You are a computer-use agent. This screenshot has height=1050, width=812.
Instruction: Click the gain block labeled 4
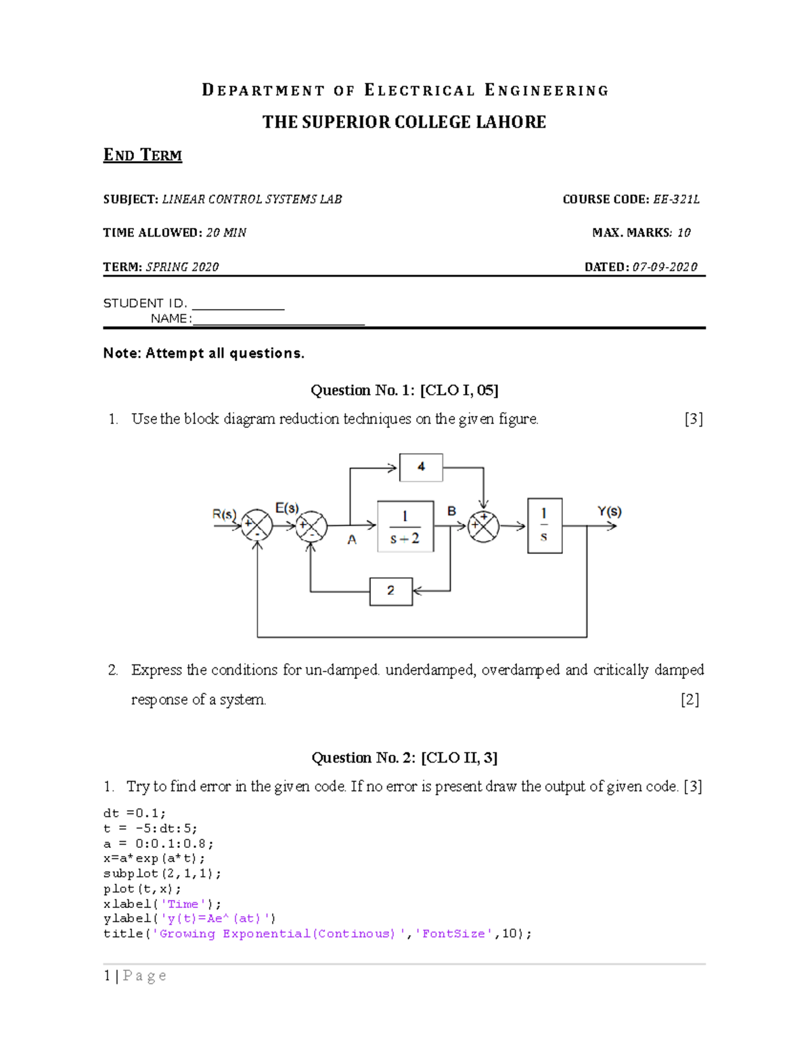421,467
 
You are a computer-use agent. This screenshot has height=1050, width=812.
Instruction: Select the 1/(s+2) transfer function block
405,527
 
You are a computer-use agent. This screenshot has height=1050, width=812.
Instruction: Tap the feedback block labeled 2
390,591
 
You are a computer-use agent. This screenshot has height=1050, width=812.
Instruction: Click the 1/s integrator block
544,525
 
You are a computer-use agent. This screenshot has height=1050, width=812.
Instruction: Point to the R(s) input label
224,514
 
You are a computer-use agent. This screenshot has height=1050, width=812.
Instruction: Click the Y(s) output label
609,512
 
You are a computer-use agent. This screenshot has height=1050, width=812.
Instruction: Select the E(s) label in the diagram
287,508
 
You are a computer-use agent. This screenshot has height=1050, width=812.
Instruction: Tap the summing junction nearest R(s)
257,525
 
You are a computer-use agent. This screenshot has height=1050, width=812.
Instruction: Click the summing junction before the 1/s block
483,526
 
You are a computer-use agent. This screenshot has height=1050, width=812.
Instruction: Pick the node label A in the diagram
352,540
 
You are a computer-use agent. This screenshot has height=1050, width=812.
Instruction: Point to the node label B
451,511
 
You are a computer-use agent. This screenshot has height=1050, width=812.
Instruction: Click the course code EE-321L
676,199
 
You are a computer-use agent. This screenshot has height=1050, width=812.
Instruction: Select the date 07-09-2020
664,267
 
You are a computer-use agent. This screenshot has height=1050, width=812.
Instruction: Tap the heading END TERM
142,156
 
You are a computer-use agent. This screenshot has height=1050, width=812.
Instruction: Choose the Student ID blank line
238,308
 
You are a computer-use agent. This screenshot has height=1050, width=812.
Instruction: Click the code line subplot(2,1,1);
162,874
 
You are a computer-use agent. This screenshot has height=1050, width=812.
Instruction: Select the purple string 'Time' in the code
183,904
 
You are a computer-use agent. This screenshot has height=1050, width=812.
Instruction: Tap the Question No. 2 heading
404,757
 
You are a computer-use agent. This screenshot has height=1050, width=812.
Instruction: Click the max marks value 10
683,233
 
